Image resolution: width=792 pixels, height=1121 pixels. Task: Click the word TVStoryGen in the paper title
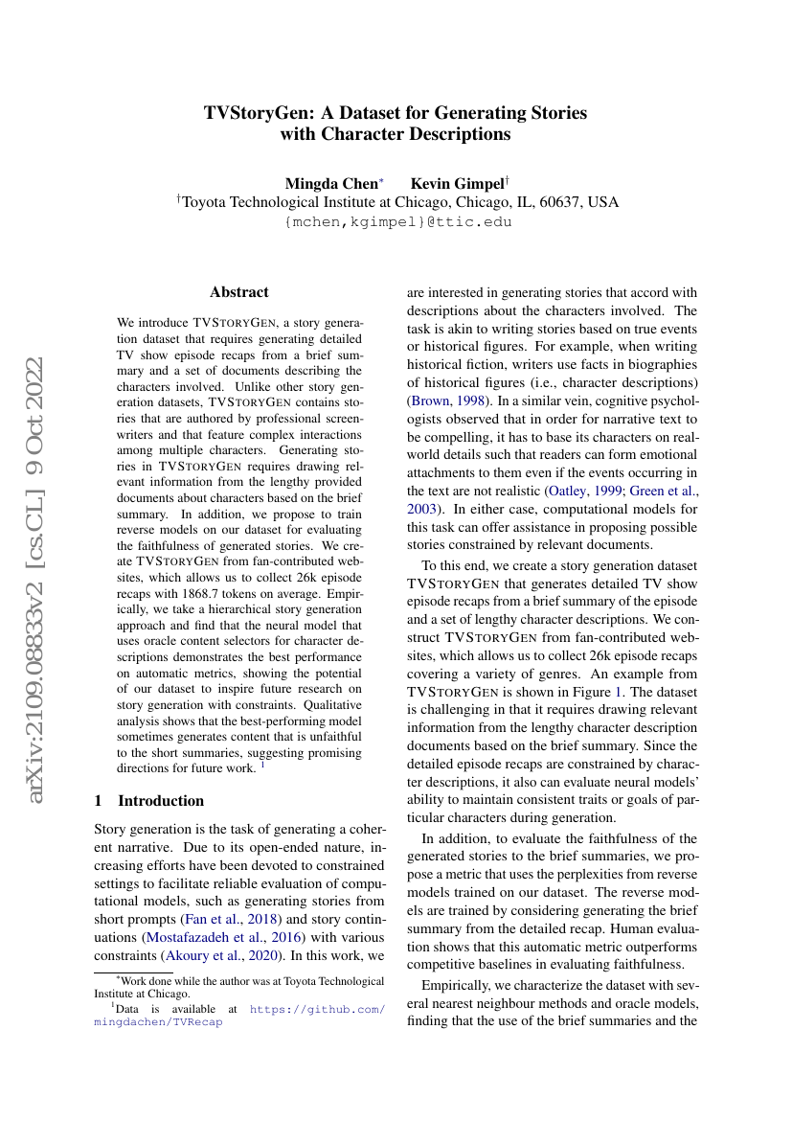tap(256, 113)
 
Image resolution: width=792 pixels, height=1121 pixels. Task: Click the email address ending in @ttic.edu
tap(396, 222)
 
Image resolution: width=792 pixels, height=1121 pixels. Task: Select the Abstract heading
tap(239, 292)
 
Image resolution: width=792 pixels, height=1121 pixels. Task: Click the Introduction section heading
tap(160, 800)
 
